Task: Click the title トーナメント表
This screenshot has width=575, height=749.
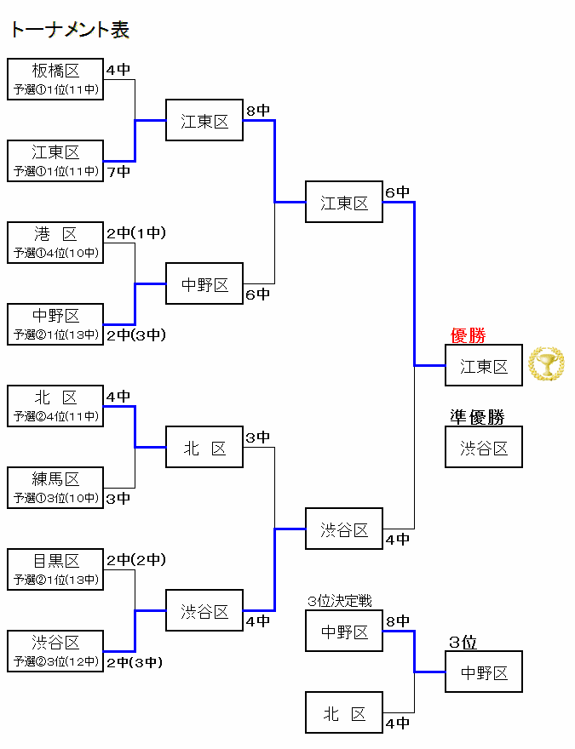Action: point(70,31)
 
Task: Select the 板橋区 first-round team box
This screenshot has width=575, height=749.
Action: point(55,79)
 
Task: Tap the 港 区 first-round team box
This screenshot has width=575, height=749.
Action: point(55,243)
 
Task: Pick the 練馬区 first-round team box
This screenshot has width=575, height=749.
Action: point(55,488)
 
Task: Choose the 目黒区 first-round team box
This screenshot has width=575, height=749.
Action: point(55,569)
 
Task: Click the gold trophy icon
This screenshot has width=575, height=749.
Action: point(546,365)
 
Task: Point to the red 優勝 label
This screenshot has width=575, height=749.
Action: point(468,336)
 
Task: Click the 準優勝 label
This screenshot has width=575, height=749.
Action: point(477,417)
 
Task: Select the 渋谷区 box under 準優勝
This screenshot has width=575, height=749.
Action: point(484,448)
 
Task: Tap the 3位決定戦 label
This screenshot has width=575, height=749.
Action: point(340,602)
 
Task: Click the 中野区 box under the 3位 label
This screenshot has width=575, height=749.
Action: point(484,672)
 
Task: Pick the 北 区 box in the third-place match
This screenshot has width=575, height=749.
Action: point(344,713)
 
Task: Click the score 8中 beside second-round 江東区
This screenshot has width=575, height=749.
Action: point(258,111)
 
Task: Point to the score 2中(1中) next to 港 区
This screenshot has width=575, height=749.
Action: point(136,233)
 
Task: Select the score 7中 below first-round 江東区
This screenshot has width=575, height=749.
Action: point(118,172)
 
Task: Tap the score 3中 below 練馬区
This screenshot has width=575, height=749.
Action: point(118,499)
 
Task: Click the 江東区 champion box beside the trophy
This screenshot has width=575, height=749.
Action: point(484,366)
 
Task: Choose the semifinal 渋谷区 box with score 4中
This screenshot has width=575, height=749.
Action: point(344,529)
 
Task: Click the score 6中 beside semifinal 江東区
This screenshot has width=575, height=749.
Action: point(397,192)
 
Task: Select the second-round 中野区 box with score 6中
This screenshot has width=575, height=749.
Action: point(204,284)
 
